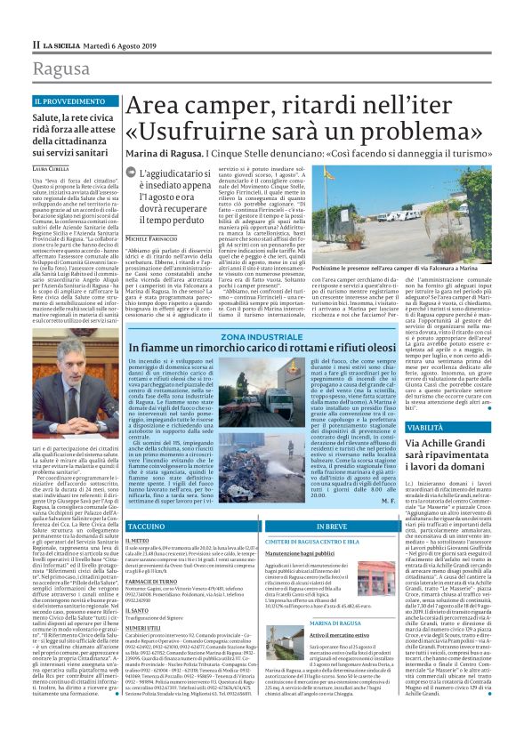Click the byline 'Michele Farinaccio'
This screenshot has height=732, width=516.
point(150,239)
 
